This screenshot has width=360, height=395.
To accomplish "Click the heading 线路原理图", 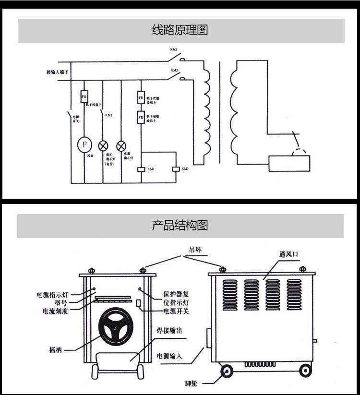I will click(180, 31).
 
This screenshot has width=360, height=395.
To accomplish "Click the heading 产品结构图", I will click(180, 226).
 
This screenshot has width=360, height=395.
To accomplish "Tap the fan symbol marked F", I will click(85, 144).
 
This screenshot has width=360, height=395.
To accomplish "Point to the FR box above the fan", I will click(84, 96).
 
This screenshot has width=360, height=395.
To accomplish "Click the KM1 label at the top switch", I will click(174, 50).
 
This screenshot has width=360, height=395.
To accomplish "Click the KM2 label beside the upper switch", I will click(174, 71).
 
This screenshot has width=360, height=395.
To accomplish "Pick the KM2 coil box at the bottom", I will click(175, 169).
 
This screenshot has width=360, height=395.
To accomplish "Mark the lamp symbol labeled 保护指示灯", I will click(103, 145).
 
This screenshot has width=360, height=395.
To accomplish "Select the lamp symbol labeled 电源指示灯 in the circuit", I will click(121, 145).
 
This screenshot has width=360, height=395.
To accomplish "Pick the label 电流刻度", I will click(55, 311).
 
